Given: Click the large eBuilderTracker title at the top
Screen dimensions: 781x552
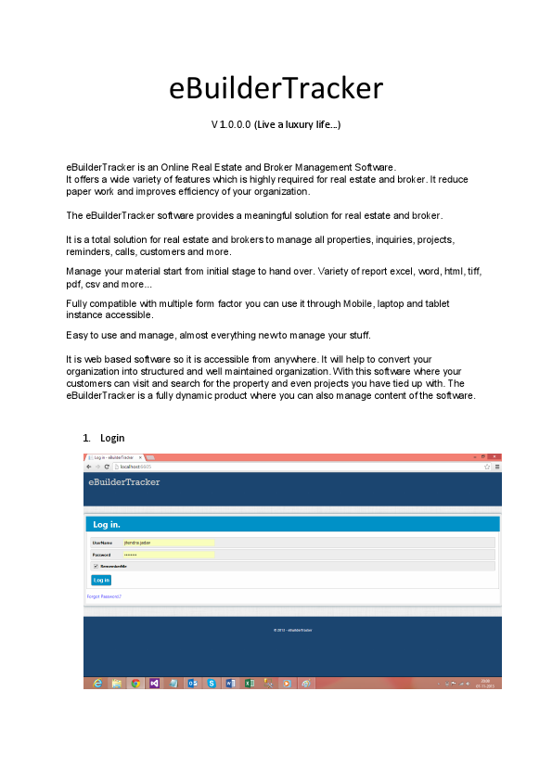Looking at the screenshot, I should pyautogui.click(x=276, y=88).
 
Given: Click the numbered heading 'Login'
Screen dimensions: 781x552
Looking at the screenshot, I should pyautogui.click(x=112, y=437).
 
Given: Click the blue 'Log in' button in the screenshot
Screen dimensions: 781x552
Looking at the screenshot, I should pyautogui.click(x=101, y=580).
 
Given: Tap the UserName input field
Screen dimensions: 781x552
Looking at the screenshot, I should pyautogui.click(x=168, y=543).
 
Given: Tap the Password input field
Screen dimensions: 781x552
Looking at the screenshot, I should pyautogui.click(x=168, y=554).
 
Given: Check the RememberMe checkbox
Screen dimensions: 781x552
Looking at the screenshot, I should pyautogui.click(x=96, y=566).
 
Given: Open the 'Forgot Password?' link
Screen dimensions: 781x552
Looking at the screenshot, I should pyautogui.click(x=104, y=595).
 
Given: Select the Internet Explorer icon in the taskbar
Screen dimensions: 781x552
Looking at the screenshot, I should pyautogui.click(x=97, y=683).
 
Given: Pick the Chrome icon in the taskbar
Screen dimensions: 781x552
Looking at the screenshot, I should pyautogui.click(x=135, y=683).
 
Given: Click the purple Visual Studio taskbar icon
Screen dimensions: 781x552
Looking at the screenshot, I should pyautogui.click(x=154, y=683).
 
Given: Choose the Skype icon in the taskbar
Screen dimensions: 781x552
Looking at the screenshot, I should pyautogui.click(x=212, y=683).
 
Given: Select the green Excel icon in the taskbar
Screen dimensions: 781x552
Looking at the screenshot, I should pyautogui.click(x=249, y=683).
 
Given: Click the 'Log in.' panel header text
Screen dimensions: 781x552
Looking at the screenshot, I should pyautogui.click(x=107, y=525).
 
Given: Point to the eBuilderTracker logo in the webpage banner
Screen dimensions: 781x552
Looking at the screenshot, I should pyautogui.click(x=123, y=482).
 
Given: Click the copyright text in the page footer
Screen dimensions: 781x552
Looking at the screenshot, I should pyautogui.click(x=292, y=630).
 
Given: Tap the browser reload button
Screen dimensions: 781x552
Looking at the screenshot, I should pyautogui.click(x=107, y=467).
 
